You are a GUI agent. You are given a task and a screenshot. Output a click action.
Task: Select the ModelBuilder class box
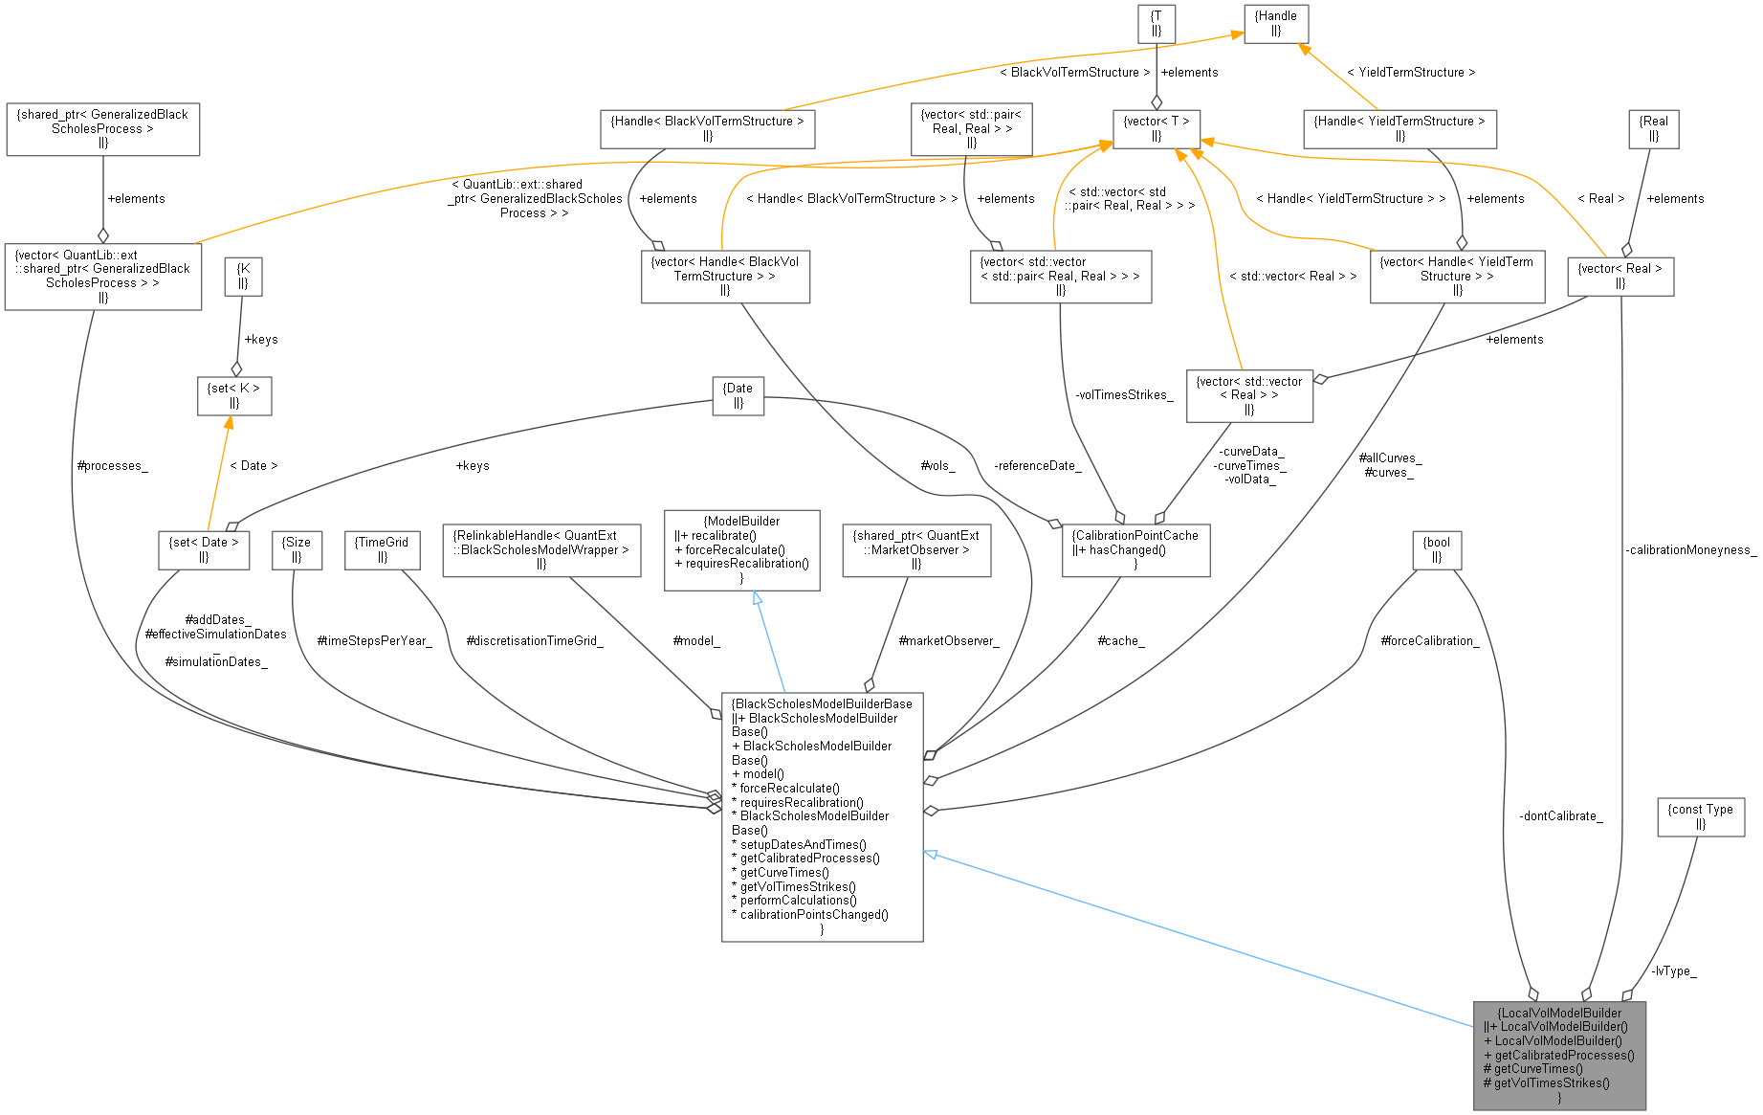tap(741, 549)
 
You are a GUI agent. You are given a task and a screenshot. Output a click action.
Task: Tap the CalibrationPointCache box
tap(1135, 549)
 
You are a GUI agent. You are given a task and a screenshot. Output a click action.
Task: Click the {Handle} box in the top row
tap(1276, 23)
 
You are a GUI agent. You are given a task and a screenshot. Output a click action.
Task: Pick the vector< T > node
tap(1157, 128)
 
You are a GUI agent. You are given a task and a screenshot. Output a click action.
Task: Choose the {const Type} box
tap(1701, 816)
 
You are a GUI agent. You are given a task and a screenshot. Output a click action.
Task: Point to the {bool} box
tap(1437, 549)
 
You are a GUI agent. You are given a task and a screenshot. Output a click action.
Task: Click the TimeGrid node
tap(382, 549)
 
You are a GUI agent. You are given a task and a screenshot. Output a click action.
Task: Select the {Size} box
tap(297, 549)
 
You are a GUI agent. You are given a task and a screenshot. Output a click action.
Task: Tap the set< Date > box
tap(204, 549)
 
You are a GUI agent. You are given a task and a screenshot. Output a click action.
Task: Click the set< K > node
tap(234, 395)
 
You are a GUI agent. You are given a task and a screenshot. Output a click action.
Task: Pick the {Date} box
tap(738, 395)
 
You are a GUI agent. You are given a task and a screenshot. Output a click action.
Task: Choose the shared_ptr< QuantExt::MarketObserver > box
tap(915, 549)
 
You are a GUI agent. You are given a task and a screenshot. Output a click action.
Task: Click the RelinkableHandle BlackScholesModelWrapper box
tap(541, 549)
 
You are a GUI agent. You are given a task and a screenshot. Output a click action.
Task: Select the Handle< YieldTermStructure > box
tap(1399, 128)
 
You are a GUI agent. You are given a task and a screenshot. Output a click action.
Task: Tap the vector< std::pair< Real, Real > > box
tap(971, 128)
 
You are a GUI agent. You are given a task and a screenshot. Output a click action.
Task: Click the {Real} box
tap(1653, 128)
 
